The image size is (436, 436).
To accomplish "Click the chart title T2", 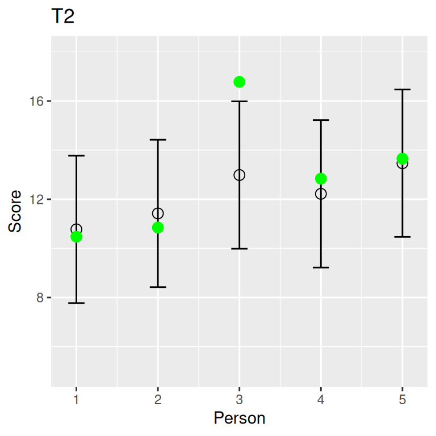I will point(63,17).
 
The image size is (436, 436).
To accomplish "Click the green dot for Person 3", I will point(239,82).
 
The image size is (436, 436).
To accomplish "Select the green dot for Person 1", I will point(76,237).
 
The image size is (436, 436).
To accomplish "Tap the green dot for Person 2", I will point(158,228).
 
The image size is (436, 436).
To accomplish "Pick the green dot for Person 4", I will point(321,179).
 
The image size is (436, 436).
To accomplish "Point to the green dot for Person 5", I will point(403,158).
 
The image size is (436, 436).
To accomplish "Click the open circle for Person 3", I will point(239,175).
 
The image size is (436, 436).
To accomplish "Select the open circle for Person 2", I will point(158,213).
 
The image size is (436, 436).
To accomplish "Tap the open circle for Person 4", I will point(321,194).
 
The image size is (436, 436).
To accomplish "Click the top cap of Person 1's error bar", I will point(76,156).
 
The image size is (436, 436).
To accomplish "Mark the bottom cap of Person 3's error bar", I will point(239,249).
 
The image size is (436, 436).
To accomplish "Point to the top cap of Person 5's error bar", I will point(403,90).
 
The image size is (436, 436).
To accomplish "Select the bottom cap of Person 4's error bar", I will point(321,267).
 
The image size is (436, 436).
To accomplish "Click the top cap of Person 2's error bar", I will point(158,140).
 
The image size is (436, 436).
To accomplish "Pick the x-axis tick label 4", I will point(321,400).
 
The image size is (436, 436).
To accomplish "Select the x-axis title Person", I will point(239,419).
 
